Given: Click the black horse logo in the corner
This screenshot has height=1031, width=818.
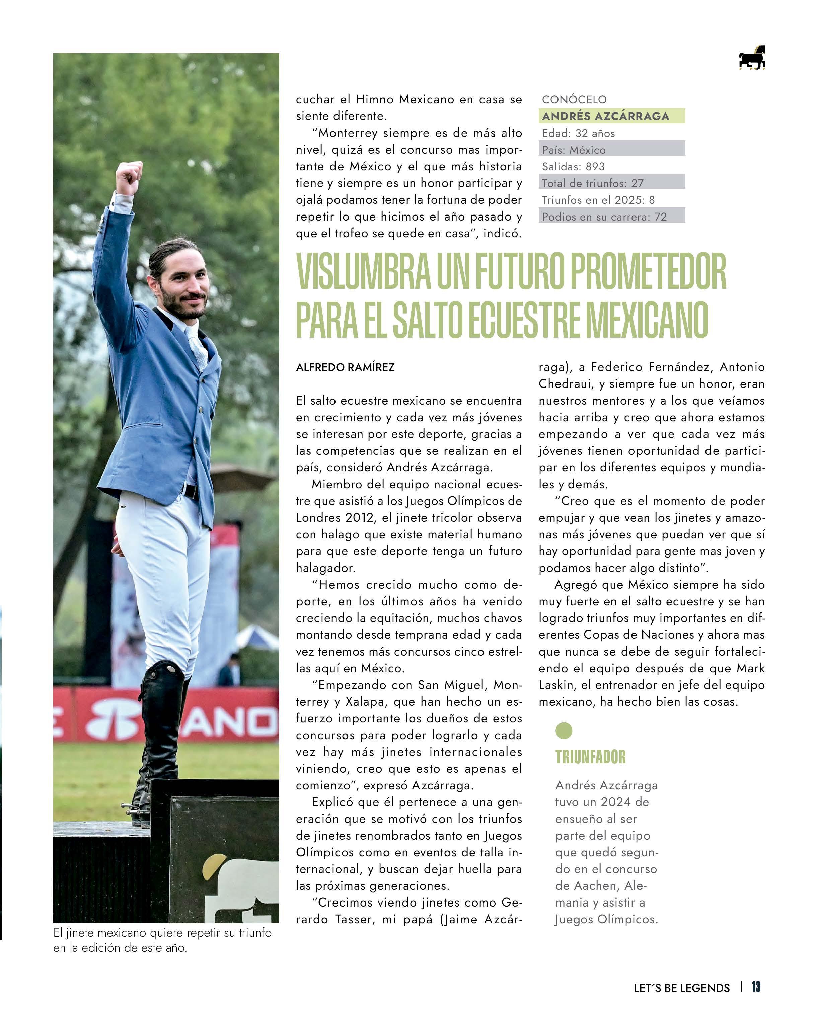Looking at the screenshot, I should (x=751, y=58).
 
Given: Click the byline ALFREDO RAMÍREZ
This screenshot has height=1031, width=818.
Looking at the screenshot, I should (x=345, y=367).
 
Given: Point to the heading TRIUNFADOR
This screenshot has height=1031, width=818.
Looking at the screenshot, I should (x=590, y=757).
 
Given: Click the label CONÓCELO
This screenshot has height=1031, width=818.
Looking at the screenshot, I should (x=574, y=99).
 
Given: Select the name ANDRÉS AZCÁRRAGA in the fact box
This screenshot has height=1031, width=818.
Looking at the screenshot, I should (x=605, y=116).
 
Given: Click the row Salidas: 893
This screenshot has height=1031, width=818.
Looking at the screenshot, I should (x=573, y=166).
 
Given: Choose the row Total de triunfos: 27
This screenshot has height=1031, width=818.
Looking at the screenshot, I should (x=592, y=183).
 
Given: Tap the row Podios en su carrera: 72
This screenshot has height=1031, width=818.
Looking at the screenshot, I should (x=604, y=217).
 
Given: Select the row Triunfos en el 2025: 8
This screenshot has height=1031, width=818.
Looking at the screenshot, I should (x=598, y=200).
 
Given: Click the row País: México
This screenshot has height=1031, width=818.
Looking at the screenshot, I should (x=574, y=150).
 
